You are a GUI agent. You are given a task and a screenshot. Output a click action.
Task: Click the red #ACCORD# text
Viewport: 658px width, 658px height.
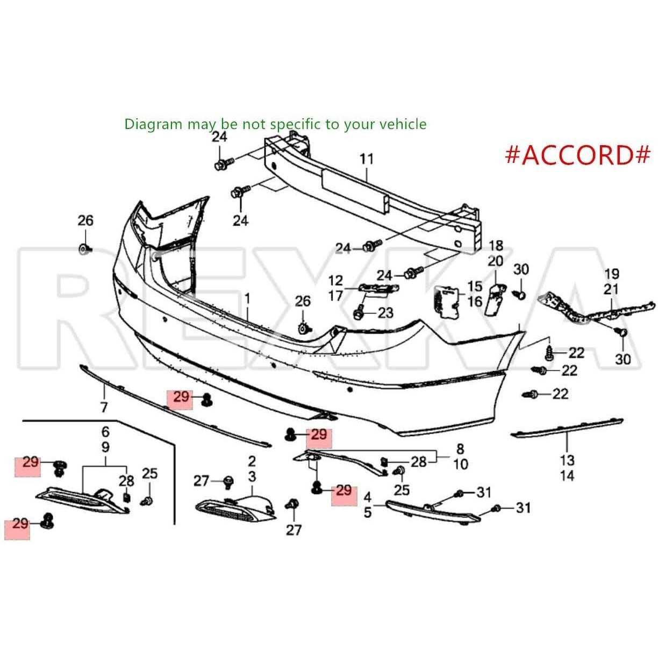click(x=577, y=154)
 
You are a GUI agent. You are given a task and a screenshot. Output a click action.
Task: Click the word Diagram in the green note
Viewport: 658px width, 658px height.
click(x=154, y=124)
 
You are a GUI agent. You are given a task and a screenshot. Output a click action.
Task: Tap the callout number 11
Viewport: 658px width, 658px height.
click(x=367, y=159)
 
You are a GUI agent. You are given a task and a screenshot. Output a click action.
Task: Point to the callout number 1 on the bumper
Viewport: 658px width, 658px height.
click(x=248, y=298)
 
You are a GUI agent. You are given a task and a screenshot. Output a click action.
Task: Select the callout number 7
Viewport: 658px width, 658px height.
click(x=104, y=407)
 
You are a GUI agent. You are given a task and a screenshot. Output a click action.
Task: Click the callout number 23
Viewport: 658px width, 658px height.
click(x=385, y=312)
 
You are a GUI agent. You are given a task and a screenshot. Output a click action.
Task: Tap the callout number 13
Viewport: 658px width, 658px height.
click(x=567, y=460)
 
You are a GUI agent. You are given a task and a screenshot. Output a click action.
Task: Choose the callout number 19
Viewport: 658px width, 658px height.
click(x=612, y=274)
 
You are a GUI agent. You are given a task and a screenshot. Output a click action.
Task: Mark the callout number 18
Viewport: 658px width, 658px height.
click(x=496, y=246)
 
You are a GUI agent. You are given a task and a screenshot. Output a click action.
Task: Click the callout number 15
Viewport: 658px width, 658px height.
click(x=475, y=286)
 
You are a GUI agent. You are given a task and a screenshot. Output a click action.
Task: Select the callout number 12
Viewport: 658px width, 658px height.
click(x=335, y=281)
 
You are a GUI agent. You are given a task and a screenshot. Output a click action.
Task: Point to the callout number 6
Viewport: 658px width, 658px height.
click(x=105, y=431)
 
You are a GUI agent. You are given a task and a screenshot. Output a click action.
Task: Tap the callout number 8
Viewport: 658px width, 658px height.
click(x=460, y=449)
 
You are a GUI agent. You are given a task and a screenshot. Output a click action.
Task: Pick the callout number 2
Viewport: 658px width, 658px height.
click(x=252, y=461)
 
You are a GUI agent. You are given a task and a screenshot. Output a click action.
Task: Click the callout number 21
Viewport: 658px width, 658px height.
click(x=612, y=289)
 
